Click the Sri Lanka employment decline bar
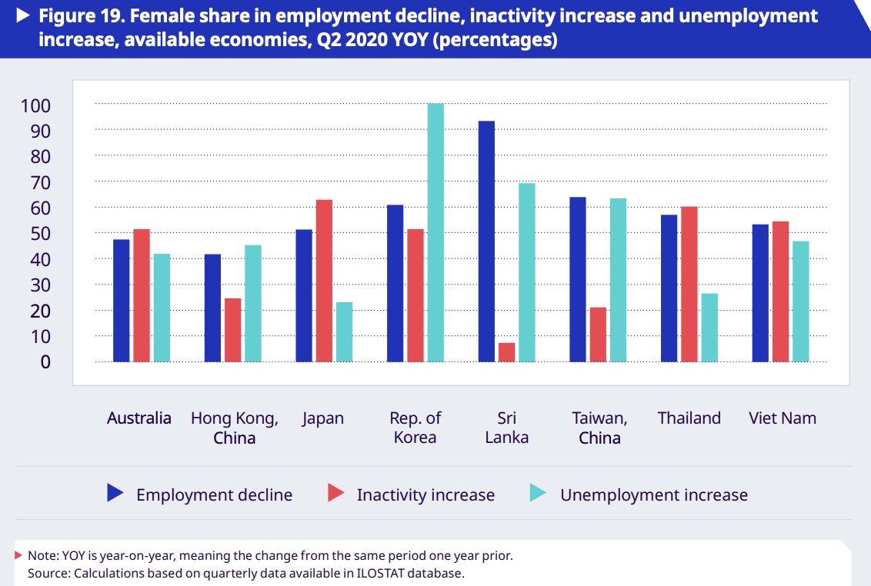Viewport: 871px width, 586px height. pyautogui.click(x=486, y=241)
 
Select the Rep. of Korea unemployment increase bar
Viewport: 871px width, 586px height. pyautogui.click(x=435, y=232)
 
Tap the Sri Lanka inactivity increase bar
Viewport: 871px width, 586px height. pyautogui.click(x=506, y=352)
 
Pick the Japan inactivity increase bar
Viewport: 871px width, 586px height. pyautogui.click(x=324, y=281)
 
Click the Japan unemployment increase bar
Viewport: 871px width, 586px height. pyautogui.click(x=344, y=331)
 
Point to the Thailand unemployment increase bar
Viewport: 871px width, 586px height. pyautogui.click(x=709, y=328)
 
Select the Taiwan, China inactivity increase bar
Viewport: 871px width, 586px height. pyautogui.click(x=598, y=335)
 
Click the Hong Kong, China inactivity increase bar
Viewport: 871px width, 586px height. pyautogui.click(x=232, y=330)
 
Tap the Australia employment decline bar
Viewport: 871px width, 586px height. pyautogui.click(x=122, y=301)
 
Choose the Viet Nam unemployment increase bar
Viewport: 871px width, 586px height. pyautogui.click(x=800, y=301)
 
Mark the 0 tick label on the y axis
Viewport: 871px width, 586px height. pyautogui.click(x=45, y=361)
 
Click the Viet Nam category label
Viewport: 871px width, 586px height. pyautogui.click(x=782, y=418)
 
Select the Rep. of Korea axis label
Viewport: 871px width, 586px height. pyautogui.click(x=415, y=428)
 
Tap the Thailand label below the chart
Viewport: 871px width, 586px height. pyautogui.click(x=689, y=418)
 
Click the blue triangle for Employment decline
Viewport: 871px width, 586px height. pyautogui.click(x=115, y=493)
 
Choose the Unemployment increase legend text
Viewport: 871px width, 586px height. pyautogui.click(x=653, y=495)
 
